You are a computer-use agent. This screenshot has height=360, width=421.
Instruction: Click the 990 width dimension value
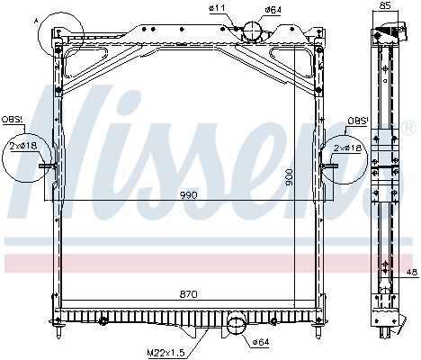(x=189, y=195)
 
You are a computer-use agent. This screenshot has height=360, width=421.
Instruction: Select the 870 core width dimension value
(x=189, y=294)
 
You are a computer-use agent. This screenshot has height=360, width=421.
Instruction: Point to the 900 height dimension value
(x=289, y=178)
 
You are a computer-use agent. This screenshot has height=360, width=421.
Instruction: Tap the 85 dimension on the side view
(x=385, y=4)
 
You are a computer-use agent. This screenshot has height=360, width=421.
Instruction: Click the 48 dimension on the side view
(x=413, y=273)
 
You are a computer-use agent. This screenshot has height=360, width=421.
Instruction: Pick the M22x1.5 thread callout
(x=166, y=352)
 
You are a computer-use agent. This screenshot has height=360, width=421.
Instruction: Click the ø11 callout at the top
(x=217, y=8)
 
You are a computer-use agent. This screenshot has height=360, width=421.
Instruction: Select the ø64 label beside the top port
(x=273, y=10)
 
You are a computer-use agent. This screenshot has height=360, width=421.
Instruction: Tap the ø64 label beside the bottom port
(x=261, y=342)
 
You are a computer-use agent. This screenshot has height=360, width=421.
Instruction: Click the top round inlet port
(x=253, y=31)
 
